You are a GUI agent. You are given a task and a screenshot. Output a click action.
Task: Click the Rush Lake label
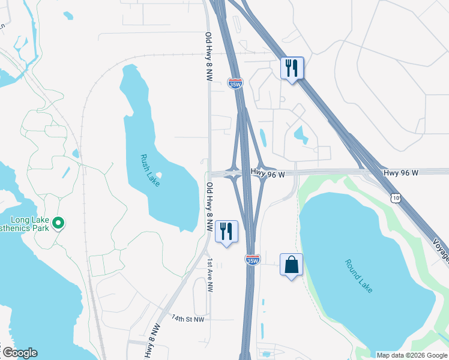click(x=149, y=170)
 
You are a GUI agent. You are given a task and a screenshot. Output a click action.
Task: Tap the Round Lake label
click(x=359, y=276)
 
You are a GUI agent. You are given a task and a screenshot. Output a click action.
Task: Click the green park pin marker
click(x=58, y=224)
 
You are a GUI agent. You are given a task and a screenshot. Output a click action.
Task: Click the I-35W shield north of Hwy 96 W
click(x=235, y=83)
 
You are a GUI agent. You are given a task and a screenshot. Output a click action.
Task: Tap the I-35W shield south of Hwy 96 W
click(x=253, y=259)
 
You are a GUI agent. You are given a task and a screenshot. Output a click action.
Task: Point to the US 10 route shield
click(x=396, y=197)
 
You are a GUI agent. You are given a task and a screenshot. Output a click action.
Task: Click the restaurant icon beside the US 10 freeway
click(x=292, y=68)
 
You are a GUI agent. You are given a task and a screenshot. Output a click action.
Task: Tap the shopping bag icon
click(x=291, y=264)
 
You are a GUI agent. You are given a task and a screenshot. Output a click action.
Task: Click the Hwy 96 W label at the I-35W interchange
click(x=268, y=172)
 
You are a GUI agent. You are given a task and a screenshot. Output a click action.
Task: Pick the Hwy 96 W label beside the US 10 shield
click(x=400, y=173)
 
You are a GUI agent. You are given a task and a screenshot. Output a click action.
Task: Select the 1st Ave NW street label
click(x=210, y=275)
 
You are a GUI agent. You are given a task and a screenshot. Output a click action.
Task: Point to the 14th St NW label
click(x=188, y=319)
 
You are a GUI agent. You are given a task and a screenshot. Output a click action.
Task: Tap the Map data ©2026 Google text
click(x=412, y=355)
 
